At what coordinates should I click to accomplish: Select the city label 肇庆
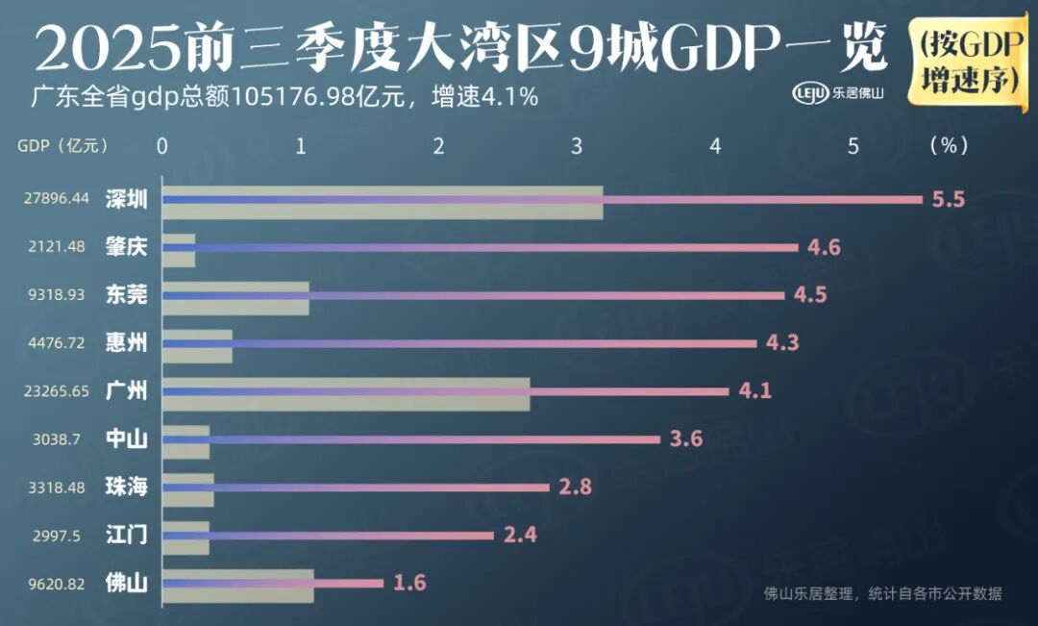coord(127,247)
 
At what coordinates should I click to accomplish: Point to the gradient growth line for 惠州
coord(461,343)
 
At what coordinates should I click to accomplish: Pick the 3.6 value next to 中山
coord(686,439)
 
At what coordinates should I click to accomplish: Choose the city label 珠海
coord(127,487)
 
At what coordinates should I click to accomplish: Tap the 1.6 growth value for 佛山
coord(408,583)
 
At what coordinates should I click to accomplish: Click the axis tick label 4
coord(715,146)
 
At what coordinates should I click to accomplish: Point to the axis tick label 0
coord(162,146)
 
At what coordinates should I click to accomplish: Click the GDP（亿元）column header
coord(62,146)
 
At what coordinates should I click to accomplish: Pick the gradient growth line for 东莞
coord(548,295)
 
